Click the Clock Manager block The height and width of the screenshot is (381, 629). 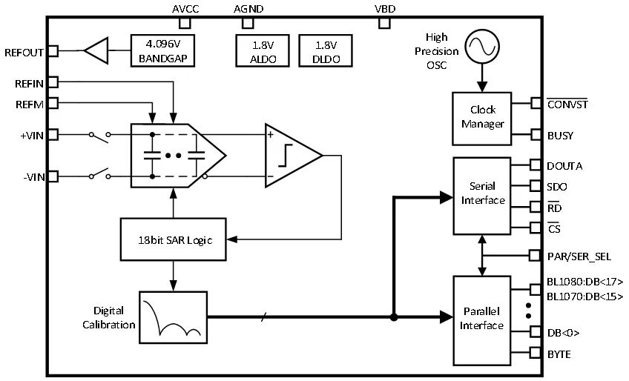coord(482,117)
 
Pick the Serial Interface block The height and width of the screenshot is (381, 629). coord(482,194)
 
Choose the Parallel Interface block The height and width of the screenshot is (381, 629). coord(482,319)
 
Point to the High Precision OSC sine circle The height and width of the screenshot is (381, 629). coord(479,47)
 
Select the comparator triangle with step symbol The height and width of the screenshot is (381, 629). coord(291,156)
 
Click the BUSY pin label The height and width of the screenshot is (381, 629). coord(560,136)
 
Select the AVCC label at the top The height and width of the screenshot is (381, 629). coord(185,9)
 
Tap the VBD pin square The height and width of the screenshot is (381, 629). coord(384,22)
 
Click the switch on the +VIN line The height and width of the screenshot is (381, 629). coord(99,135)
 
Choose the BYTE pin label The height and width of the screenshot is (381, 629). coord(559,354)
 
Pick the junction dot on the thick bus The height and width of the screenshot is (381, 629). coord(395,318)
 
